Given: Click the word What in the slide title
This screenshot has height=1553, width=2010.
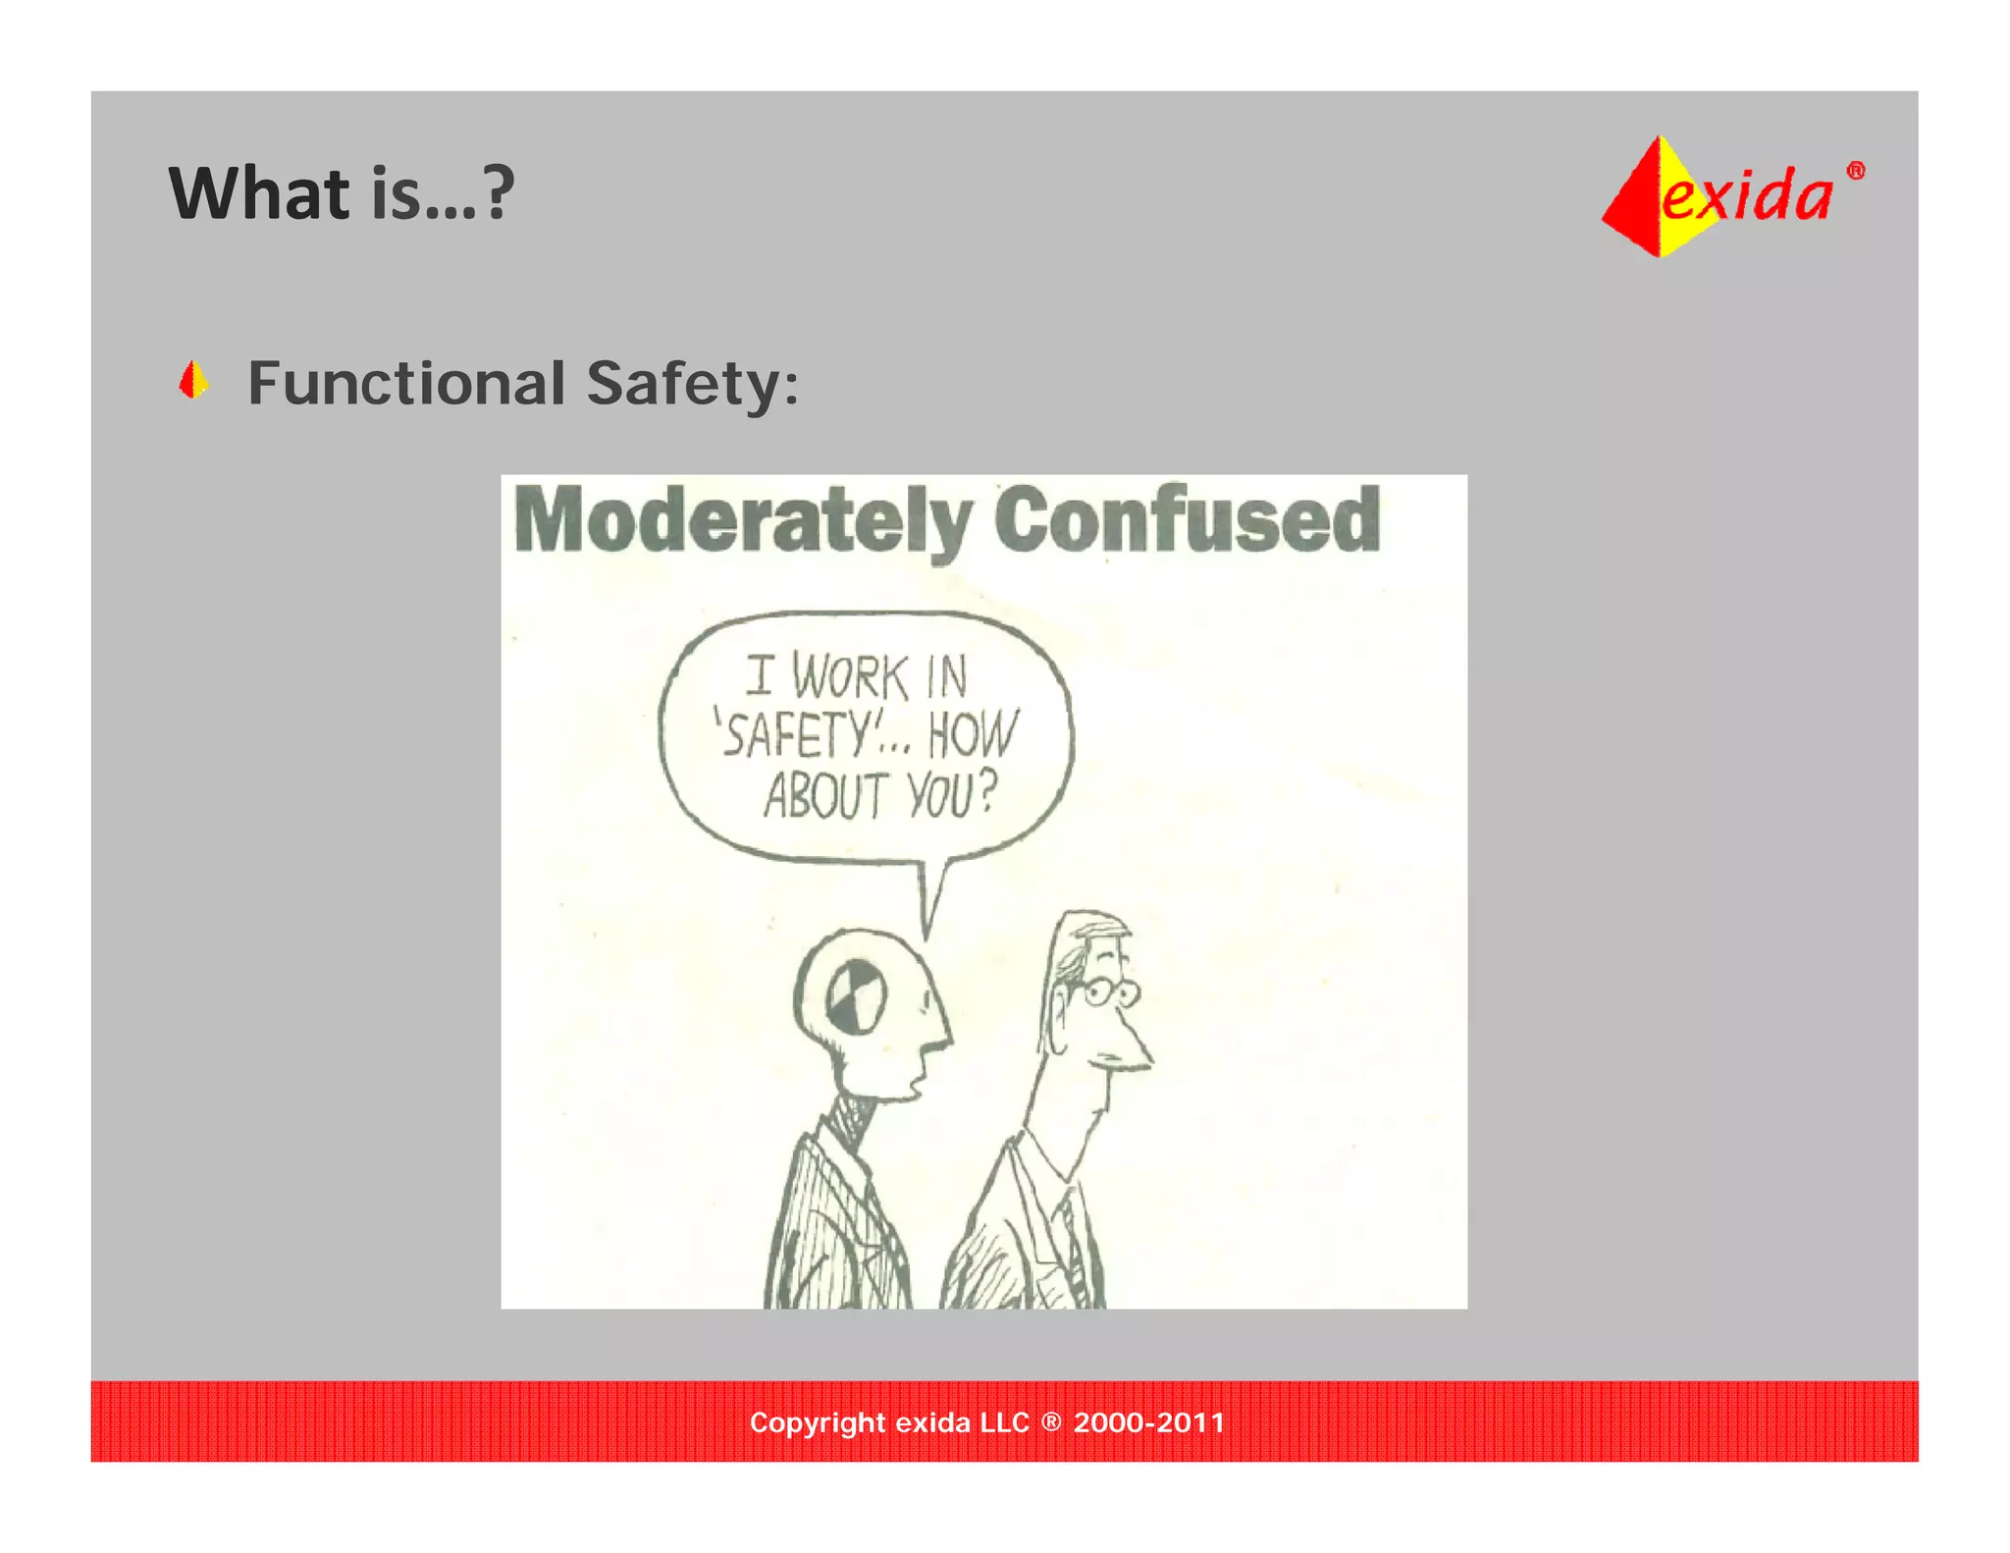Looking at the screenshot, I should tap(259, 193).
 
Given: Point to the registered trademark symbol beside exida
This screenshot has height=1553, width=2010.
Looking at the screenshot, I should tap(1855, 171).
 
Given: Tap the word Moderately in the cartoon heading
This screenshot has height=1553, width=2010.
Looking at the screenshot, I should tap(743, 521).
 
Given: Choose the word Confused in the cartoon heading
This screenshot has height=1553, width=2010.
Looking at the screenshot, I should tap(1187, 519).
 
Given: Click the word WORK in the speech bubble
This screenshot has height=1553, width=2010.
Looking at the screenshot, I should tap(850, 677).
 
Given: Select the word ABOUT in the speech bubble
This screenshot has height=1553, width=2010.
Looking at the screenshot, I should tap(826, 795).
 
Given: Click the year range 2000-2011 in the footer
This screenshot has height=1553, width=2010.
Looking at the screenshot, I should tap(1149, 1422).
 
